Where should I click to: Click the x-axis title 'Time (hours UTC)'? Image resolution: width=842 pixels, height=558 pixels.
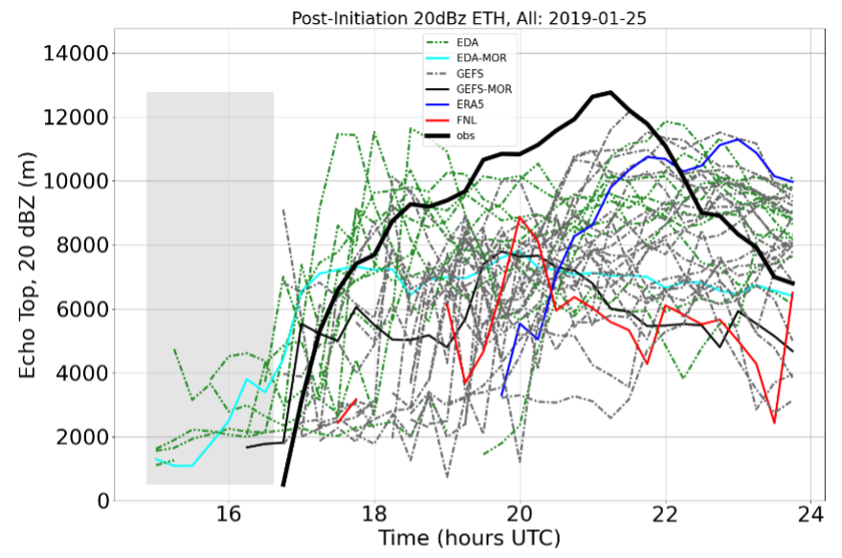point(469,538)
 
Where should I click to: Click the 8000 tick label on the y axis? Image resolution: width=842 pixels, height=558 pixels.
point(87,245)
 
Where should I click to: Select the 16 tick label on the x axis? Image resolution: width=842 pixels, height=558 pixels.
point(229,513)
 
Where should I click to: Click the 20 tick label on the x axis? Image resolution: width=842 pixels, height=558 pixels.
point(520,513)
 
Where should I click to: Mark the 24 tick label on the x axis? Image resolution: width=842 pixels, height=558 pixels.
point(810,513)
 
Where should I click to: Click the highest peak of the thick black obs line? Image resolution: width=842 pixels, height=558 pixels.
point(610,92)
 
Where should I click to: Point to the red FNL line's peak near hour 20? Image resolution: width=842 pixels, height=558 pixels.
point(520,217)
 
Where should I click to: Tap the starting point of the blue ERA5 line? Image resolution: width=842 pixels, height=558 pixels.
point(502,395)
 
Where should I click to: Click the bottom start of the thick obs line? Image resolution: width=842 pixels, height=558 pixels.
point(283,485)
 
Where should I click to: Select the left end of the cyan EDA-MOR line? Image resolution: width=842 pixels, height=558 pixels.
point(156,458)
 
